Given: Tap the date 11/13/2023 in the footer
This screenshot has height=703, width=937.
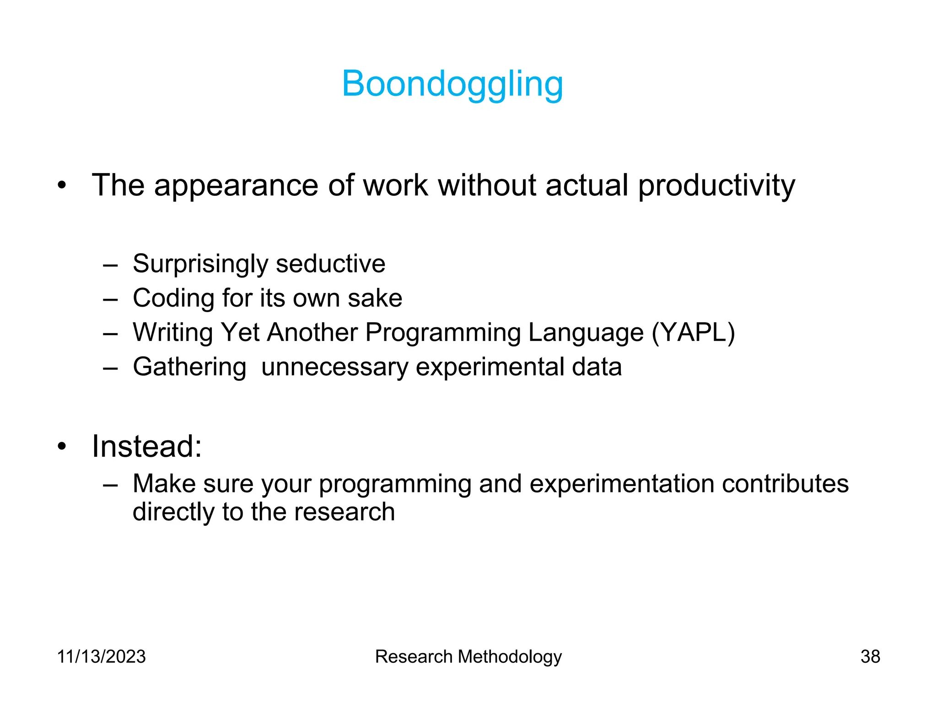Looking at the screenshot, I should pyautogui.click(x=101, y=656).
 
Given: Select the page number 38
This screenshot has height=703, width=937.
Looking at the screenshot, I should pyautogui.click(x=870, y=656).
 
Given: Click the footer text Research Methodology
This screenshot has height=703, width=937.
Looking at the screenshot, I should pyautogui.click(x=468, y=656).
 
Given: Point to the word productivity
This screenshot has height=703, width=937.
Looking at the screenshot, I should pyautogui.click(x=716, y=185).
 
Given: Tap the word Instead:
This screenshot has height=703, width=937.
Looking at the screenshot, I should pyautogui.click(x=146, y=446).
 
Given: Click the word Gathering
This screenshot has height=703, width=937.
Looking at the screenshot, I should pyautogui.click(x=189, y=367).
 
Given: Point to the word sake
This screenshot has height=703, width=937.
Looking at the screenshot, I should pyautogui.click(x=375, y=298).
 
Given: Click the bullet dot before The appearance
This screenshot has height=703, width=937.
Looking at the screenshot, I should pyautogui.click(x=62, y=185).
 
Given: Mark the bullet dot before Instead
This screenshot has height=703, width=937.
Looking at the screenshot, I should pyautogui.click(x=62, y=446).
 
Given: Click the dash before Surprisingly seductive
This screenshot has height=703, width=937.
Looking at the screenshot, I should pyautogui.click(x=110, y=265).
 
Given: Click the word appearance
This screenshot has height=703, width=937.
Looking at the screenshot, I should pyautogui.click(x=236, y=185).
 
